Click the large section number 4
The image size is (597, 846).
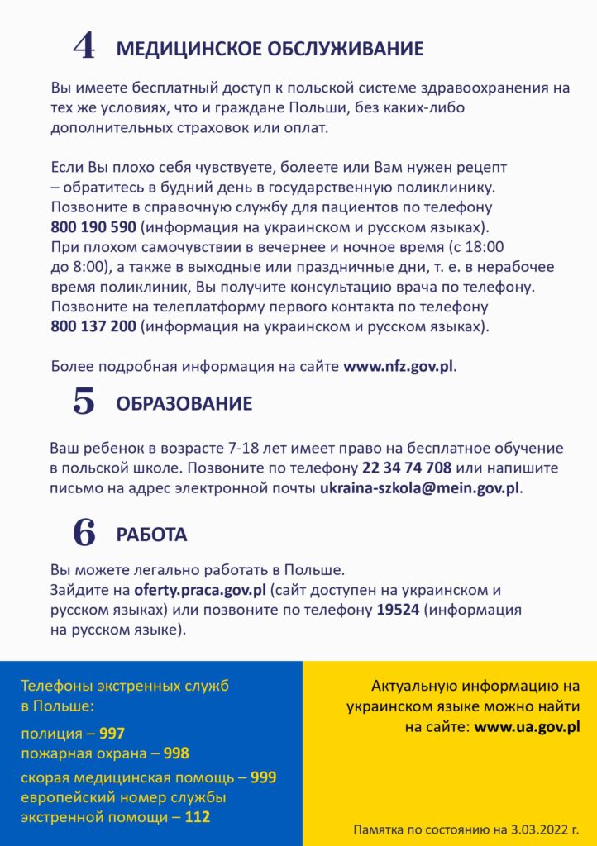pyautogui.click(x=84, y=46)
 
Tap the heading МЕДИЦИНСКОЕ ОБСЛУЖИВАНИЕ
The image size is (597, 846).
pyautogui.click(x=270, y=49)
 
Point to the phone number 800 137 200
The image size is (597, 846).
pyautogui.click(x=93, y=326)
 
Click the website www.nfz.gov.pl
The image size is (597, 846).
pyautogui.click(x=399, y=366)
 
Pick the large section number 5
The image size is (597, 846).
pyautogui.click(x=84, y=402)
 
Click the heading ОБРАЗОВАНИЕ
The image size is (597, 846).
pyautogui.click(x=184, y=404)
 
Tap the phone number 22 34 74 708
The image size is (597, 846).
pyautogui.click(x=407, y=468)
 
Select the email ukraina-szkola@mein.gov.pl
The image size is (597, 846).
pyautogui.click(x=420, y=487)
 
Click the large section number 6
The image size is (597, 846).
pyautogui.click(x=84, y=533)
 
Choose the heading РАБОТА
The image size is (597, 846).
pyautogui.click(x=151, y=535)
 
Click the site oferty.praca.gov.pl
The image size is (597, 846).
pyautogui.click(x=201, y=591)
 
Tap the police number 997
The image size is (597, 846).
pyautogui.click(x=112, y=734)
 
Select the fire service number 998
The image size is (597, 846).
pyautogui.click(x=175, y=753)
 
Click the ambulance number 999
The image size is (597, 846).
pyautogui.click(x=264, y=777)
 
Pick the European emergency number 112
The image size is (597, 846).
pyautogui.click(x=197, y=817)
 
